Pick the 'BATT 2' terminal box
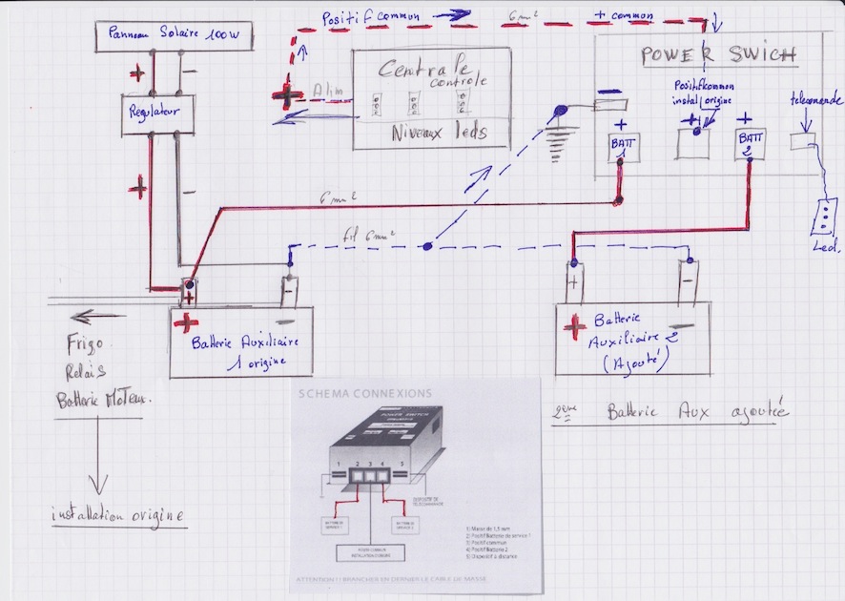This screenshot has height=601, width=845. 747,145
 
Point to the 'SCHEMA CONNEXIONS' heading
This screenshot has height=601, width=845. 364,393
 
